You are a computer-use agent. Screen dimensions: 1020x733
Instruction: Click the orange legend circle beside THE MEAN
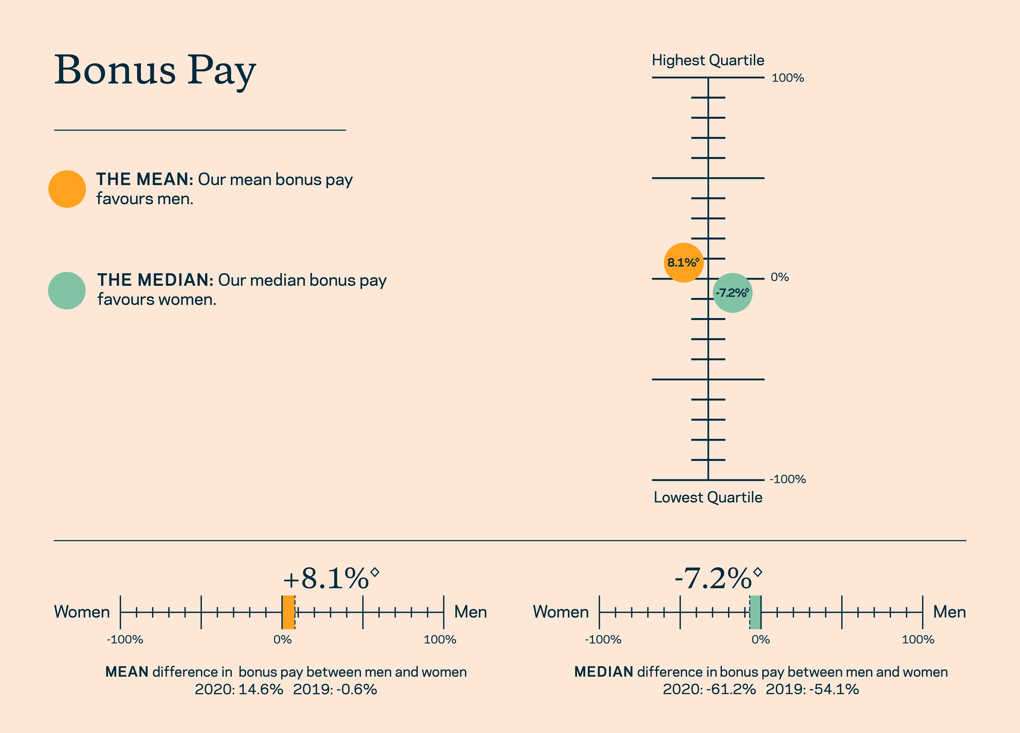pos(67,189)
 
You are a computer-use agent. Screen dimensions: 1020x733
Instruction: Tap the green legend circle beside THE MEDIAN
pos(67,290)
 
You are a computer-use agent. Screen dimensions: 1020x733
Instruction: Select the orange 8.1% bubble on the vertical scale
pos(684,263)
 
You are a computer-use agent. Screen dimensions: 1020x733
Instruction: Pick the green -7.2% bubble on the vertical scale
pos(733,293)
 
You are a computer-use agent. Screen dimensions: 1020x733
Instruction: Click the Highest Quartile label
pos(708,60)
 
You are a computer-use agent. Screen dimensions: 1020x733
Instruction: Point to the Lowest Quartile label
pos(708,497)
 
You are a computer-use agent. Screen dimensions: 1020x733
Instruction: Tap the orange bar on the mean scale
pos(288,612)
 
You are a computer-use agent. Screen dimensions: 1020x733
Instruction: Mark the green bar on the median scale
pos(755,612)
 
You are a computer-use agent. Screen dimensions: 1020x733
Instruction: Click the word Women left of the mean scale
pos(82,612)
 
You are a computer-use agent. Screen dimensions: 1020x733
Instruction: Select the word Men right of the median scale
pos(949,612)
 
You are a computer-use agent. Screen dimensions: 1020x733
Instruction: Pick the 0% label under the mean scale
pos(282,639)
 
